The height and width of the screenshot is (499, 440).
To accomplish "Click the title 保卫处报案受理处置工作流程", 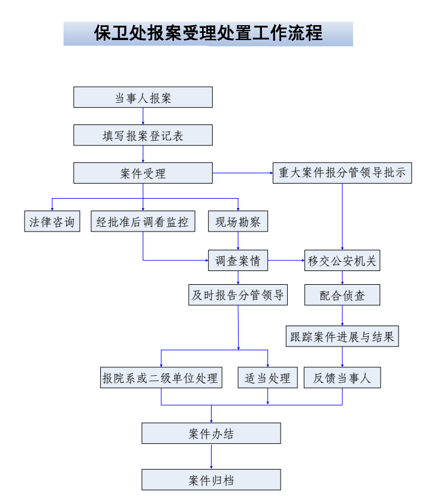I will point(208,34).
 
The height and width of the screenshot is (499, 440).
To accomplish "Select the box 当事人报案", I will point(143,98).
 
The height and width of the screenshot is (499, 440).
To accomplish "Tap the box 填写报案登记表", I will point(143,135).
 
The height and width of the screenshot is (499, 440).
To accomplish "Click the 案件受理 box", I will point(143,174).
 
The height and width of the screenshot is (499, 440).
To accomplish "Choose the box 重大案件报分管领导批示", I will point(342,173).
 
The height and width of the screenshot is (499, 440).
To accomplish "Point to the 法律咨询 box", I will point(52,221).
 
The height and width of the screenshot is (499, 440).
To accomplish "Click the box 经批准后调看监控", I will point(143,221).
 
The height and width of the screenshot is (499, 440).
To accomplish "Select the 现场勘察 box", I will point(238,221).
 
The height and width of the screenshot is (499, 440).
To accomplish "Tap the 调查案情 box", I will point(238,260).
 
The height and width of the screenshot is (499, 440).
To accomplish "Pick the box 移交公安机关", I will point(342,260).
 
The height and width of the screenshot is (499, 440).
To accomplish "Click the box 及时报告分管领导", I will point(238,294).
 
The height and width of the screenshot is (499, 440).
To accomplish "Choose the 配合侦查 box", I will point(342,294).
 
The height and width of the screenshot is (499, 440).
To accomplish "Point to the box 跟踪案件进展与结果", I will point(342,336).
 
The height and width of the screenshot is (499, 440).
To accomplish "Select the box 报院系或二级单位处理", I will point(160,378).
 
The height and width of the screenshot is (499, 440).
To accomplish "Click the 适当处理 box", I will point(267,378).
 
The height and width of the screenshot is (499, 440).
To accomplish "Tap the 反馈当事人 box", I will point(342,378).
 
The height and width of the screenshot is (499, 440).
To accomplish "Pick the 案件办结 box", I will point(211,433).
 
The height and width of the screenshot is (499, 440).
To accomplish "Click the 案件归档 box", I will point(211,480).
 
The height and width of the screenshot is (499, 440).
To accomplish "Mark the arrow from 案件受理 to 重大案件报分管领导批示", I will point(242,174).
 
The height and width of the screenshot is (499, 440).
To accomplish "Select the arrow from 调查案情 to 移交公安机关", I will point(286,260).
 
